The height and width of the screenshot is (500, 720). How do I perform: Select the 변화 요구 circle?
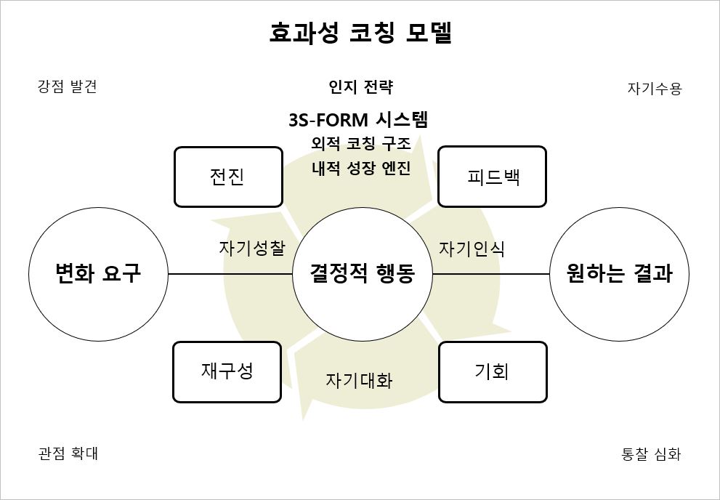[x=98, y=274]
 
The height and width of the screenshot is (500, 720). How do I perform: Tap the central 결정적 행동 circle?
[x=362, y=274]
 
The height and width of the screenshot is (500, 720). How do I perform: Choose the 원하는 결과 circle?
[x=619, y=274]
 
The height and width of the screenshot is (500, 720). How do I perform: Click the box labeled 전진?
[x=228, y=177]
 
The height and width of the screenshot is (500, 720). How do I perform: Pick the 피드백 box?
[x=492, y=177]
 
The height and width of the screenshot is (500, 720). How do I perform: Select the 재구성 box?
[x=227, y=371]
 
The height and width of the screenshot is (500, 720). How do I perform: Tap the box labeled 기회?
[x=493, y=371]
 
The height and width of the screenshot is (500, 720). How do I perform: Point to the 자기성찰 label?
[x=252, y=248]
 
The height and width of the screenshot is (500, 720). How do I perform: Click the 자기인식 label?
[x=472, y=249]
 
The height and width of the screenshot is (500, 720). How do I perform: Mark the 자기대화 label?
[x=359, y=380]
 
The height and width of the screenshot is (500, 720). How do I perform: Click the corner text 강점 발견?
[x=67, y=87]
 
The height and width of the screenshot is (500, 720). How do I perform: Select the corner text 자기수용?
[x=655, y=89]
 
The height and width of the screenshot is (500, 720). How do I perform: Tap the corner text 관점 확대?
[x=68, y=453]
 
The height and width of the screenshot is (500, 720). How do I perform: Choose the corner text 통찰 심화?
[x=651, y=454]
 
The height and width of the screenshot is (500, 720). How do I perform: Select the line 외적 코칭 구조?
[x=361, y=144]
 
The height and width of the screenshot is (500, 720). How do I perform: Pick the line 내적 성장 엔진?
[x=361, y=168]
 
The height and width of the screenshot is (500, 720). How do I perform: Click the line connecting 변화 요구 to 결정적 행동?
[x=230, y=274]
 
